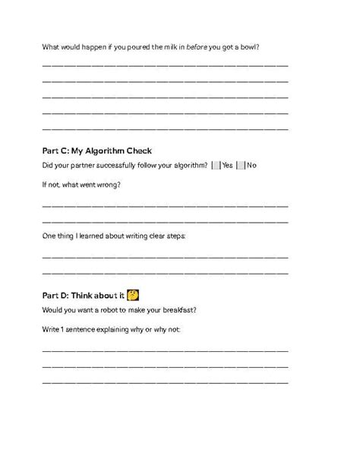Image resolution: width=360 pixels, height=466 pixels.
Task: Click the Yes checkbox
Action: pos(216,165)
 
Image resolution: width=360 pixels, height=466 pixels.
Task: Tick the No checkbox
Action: pos(242,165)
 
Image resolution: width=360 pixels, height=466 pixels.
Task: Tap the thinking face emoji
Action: pos(132,295)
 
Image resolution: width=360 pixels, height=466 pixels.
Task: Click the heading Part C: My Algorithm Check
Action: pos(97,151)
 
